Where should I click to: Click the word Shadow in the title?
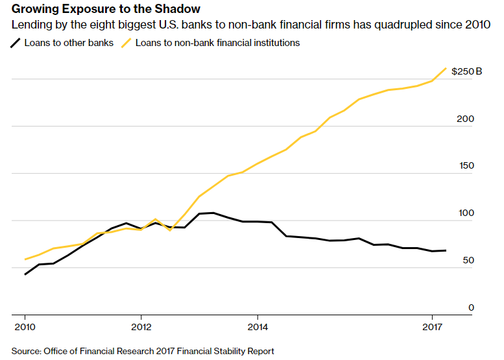[x=177, y=9]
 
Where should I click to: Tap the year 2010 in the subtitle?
[x=477, y=25]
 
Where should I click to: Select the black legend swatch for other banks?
[x=15, y=43]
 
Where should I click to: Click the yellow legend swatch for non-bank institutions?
[x=126, y=43]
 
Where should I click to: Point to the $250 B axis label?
[x=467, y=71]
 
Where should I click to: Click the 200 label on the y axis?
[x=465, y=119]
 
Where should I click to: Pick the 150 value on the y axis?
[x=466, y=166]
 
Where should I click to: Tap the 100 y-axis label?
[x=466, y=213]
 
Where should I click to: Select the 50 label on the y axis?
[x=468, y=260]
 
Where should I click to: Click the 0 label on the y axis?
[x=471, y=307]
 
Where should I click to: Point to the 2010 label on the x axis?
[x=25, y=327]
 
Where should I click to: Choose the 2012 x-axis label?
[x=141, y=327]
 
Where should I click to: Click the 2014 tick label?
[x=258, y=327]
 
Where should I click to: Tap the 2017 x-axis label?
[x=432, y=327]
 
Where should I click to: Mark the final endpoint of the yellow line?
[x=446, y=68]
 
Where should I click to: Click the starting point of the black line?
[x=25, y=274]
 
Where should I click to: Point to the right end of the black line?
[x=446, y=250]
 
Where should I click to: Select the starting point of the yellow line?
[x=25, y=259]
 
